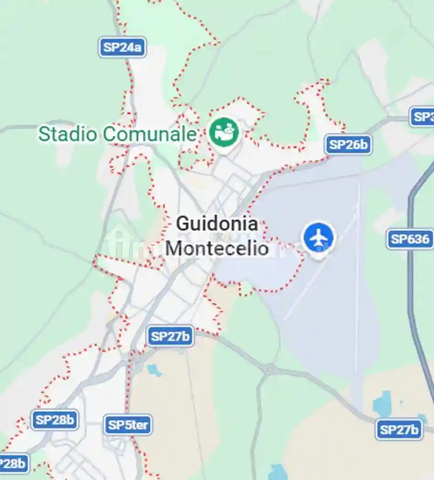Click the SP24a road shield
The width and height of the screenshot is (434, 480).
click(x=122, y=47)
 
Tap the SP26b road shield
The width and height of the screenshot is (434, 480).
click(x=348, y=145)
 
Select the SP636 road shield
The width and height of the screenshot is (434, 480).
click(x=410, y=239)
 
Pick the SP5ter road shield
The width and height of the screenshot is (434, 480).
click(x=128, y=426)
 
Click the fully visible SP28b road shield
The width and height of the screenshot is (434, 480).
click(x=54, y=420)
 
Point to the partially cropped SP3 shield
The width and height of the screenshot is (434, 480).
click(x=423, y=117)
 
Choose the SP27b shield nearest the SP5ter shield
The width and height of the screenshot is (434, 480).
click(x=170, y=337)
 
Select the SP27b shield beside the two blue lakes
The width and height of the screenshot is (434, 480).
click(x=399, y=430)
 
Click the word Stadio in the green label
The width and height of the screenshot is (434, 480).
click(x=68, y=134)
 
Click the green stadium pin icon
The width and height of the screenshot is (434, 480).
click(x=224, y=132)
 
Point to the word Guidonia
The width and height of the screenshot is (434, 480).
click(x=217, y=224)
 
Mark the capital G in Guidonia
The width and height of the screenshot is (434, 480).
click(x=182, y=224)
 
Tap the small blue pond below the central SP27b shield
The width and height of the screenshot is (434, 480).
click(x=154, y=370)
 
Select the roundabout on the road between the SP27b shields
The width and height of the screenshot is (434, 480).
click(x=269, y=368)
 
